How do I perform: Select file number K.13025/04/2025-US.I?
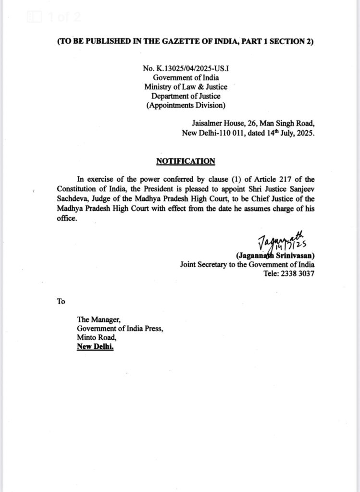[186, 69]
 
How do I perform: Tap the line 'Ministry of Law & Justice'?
[186, 87]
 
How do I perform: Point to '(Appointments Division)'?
[186, 105]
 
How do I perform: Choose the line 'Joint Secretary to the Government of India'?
[247, 264]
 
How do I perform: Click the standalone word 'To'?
[61, 302]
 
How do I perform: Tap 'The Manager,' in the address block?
[96, 320]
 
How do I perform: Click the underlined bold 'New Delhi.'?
[95, 347]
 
